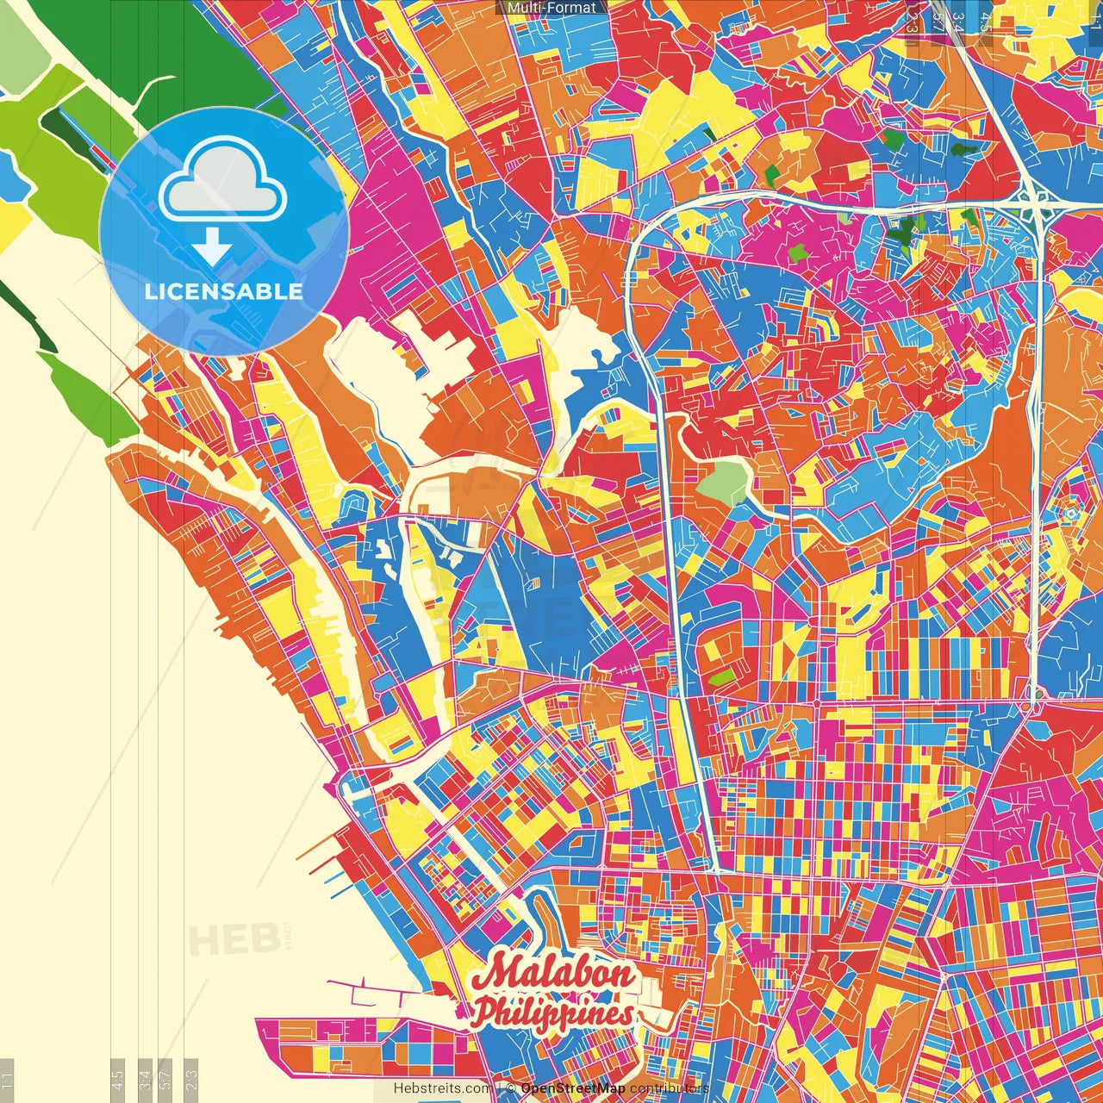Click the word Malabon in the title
click(556, 975)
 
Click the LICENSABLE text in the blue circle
click(224, 291)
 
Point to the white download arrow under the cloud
click(212, 247)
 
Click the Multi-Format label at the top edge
click(551, 8)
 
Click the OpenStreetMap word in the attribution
click(572, 1088)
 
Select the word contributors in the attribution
click(669, 1088)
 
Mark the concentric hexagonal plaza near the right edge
click(1071, 514)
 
